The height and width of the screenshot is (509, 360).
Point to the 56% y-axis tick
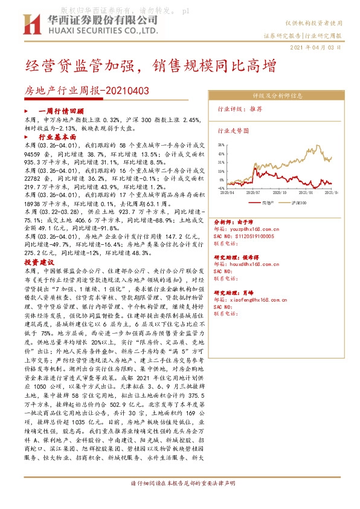221,145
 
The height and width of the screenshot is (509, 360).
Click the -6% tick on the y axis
221,188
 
